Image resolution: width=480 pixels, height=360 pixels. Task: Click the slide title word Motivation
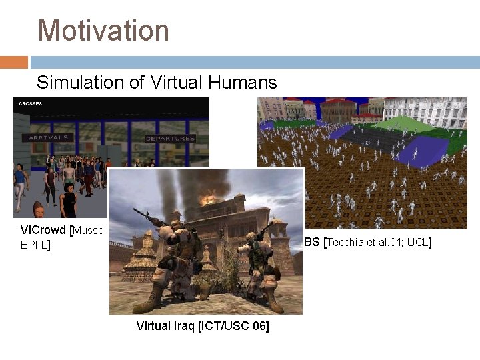pyautogui.click(x=103, y=31)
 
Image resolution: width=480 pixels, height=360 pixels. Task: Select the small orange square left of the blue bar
pyautogui.click(x=13, y=62)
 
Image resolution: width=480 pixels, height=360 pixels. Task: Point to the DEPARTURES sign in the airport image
pyautogui.click(x=171, y=139)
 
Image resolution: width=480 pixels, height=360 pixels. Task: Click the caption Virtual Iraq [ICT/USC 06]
pyautogui.click(x=203, y=327)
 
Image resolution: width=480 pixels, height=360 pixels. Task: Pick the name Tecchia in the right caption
pyautogui.click(x=346, y=242)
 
